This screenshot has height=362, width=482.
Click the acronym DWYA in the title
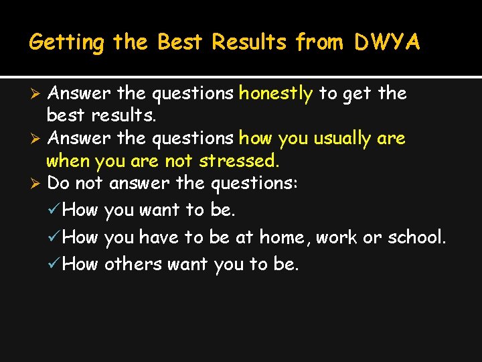tap(388, 42)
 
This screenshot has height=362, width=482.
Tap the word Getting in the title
tap(67, 43)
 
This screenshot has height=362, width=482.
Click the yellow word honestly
tap(276, 93)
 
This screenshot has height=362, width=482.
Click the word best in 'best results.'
tap(66, 115)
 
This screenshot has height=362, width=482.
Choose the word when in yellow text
tap(68, 162)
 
